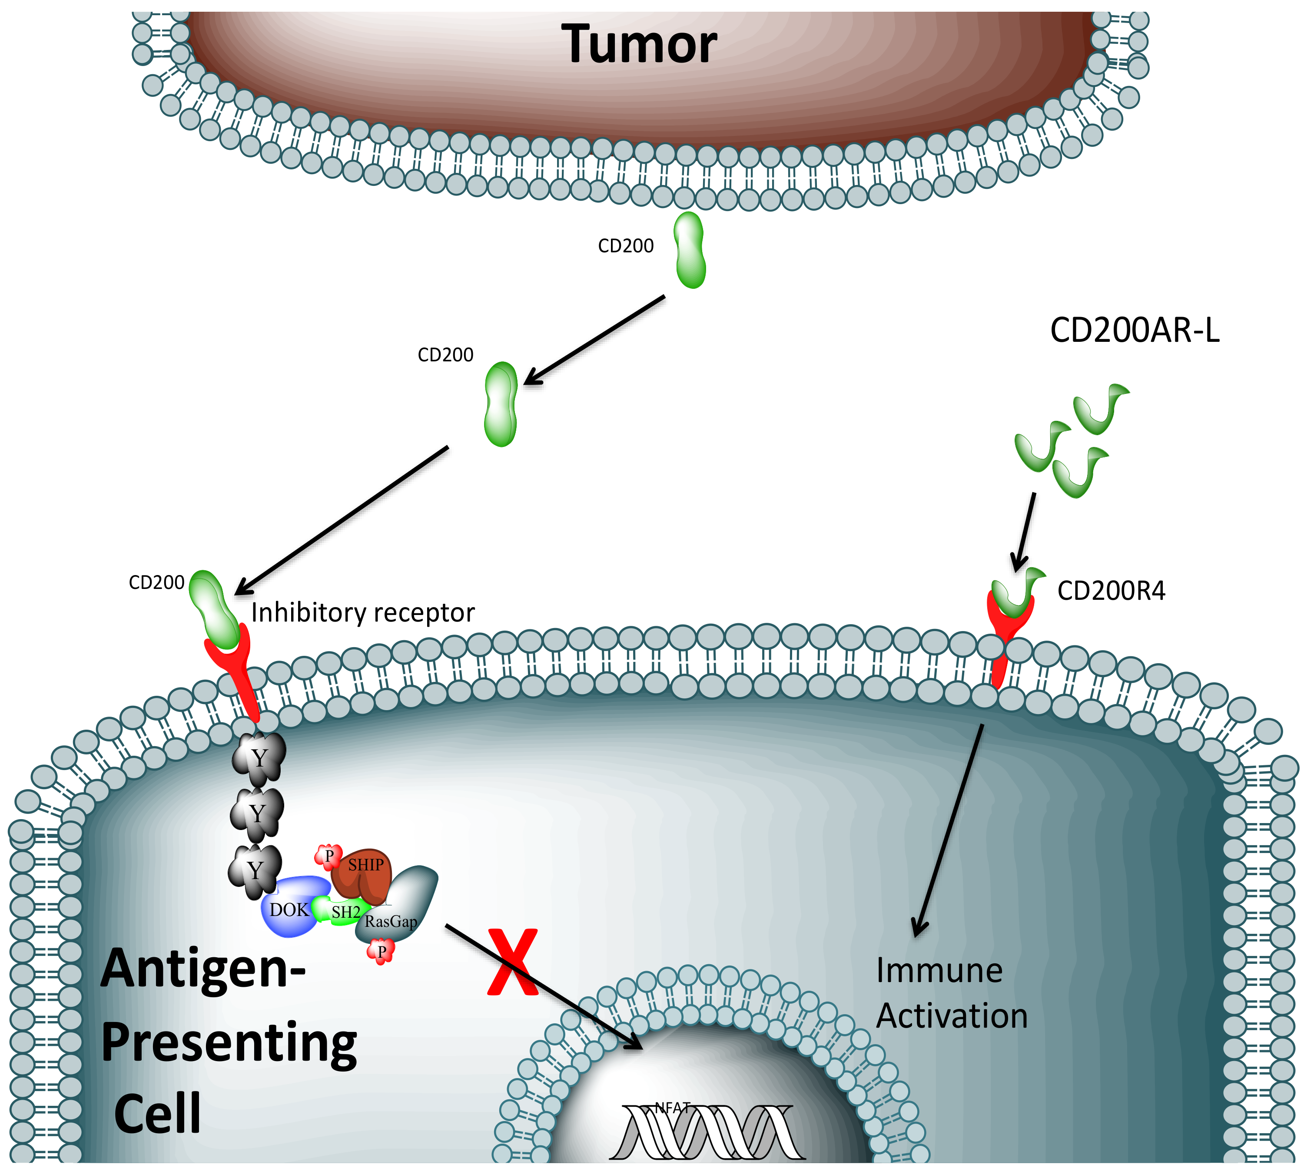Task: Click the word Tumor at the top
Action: [x=639, y=44]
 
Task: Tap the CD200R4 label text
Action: [x=1111, y=591]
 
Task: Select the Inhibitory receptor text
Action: [x=363, y=613]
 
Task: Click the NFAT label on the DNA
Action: [x=672, y=1108]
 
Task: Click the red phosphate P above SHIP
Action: [x=328, y=857]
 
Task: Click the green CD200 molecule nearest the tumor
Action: [x=689, y=250]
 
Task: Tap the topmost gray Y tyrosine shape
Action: [x=259, y=758]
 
